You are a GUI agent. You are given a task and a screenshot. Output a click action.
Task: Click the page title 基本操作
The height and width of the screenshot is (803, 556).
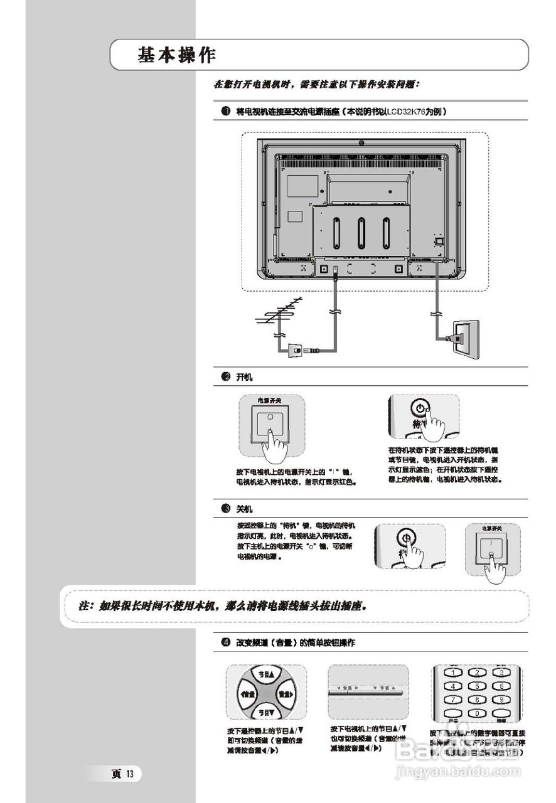177,55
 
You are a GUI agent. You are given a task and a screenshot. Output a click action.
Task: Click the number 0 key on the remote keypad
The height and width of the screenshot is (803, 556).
477,713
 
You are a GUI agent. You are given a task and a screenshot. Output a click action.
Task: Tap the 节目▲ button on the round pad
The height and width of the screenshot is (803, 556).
267,674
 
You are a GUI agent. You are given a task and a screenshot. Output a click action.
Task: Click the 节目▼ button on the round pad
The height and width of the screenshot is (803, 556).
267,713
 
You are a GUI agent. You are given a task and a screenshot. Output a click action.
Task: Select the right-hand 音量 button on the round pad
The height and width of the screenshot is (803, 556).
286,694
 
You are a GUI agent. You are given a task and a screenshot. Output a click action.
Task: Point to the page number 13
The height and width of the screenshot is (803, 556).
130,774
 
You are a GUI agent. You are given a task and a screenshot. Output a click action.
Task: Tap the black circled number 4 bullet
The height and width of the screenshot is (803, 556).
225,643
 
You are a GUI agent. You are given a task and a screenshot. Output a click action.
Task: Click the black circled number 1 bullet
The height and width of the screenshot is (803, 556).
225,112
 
